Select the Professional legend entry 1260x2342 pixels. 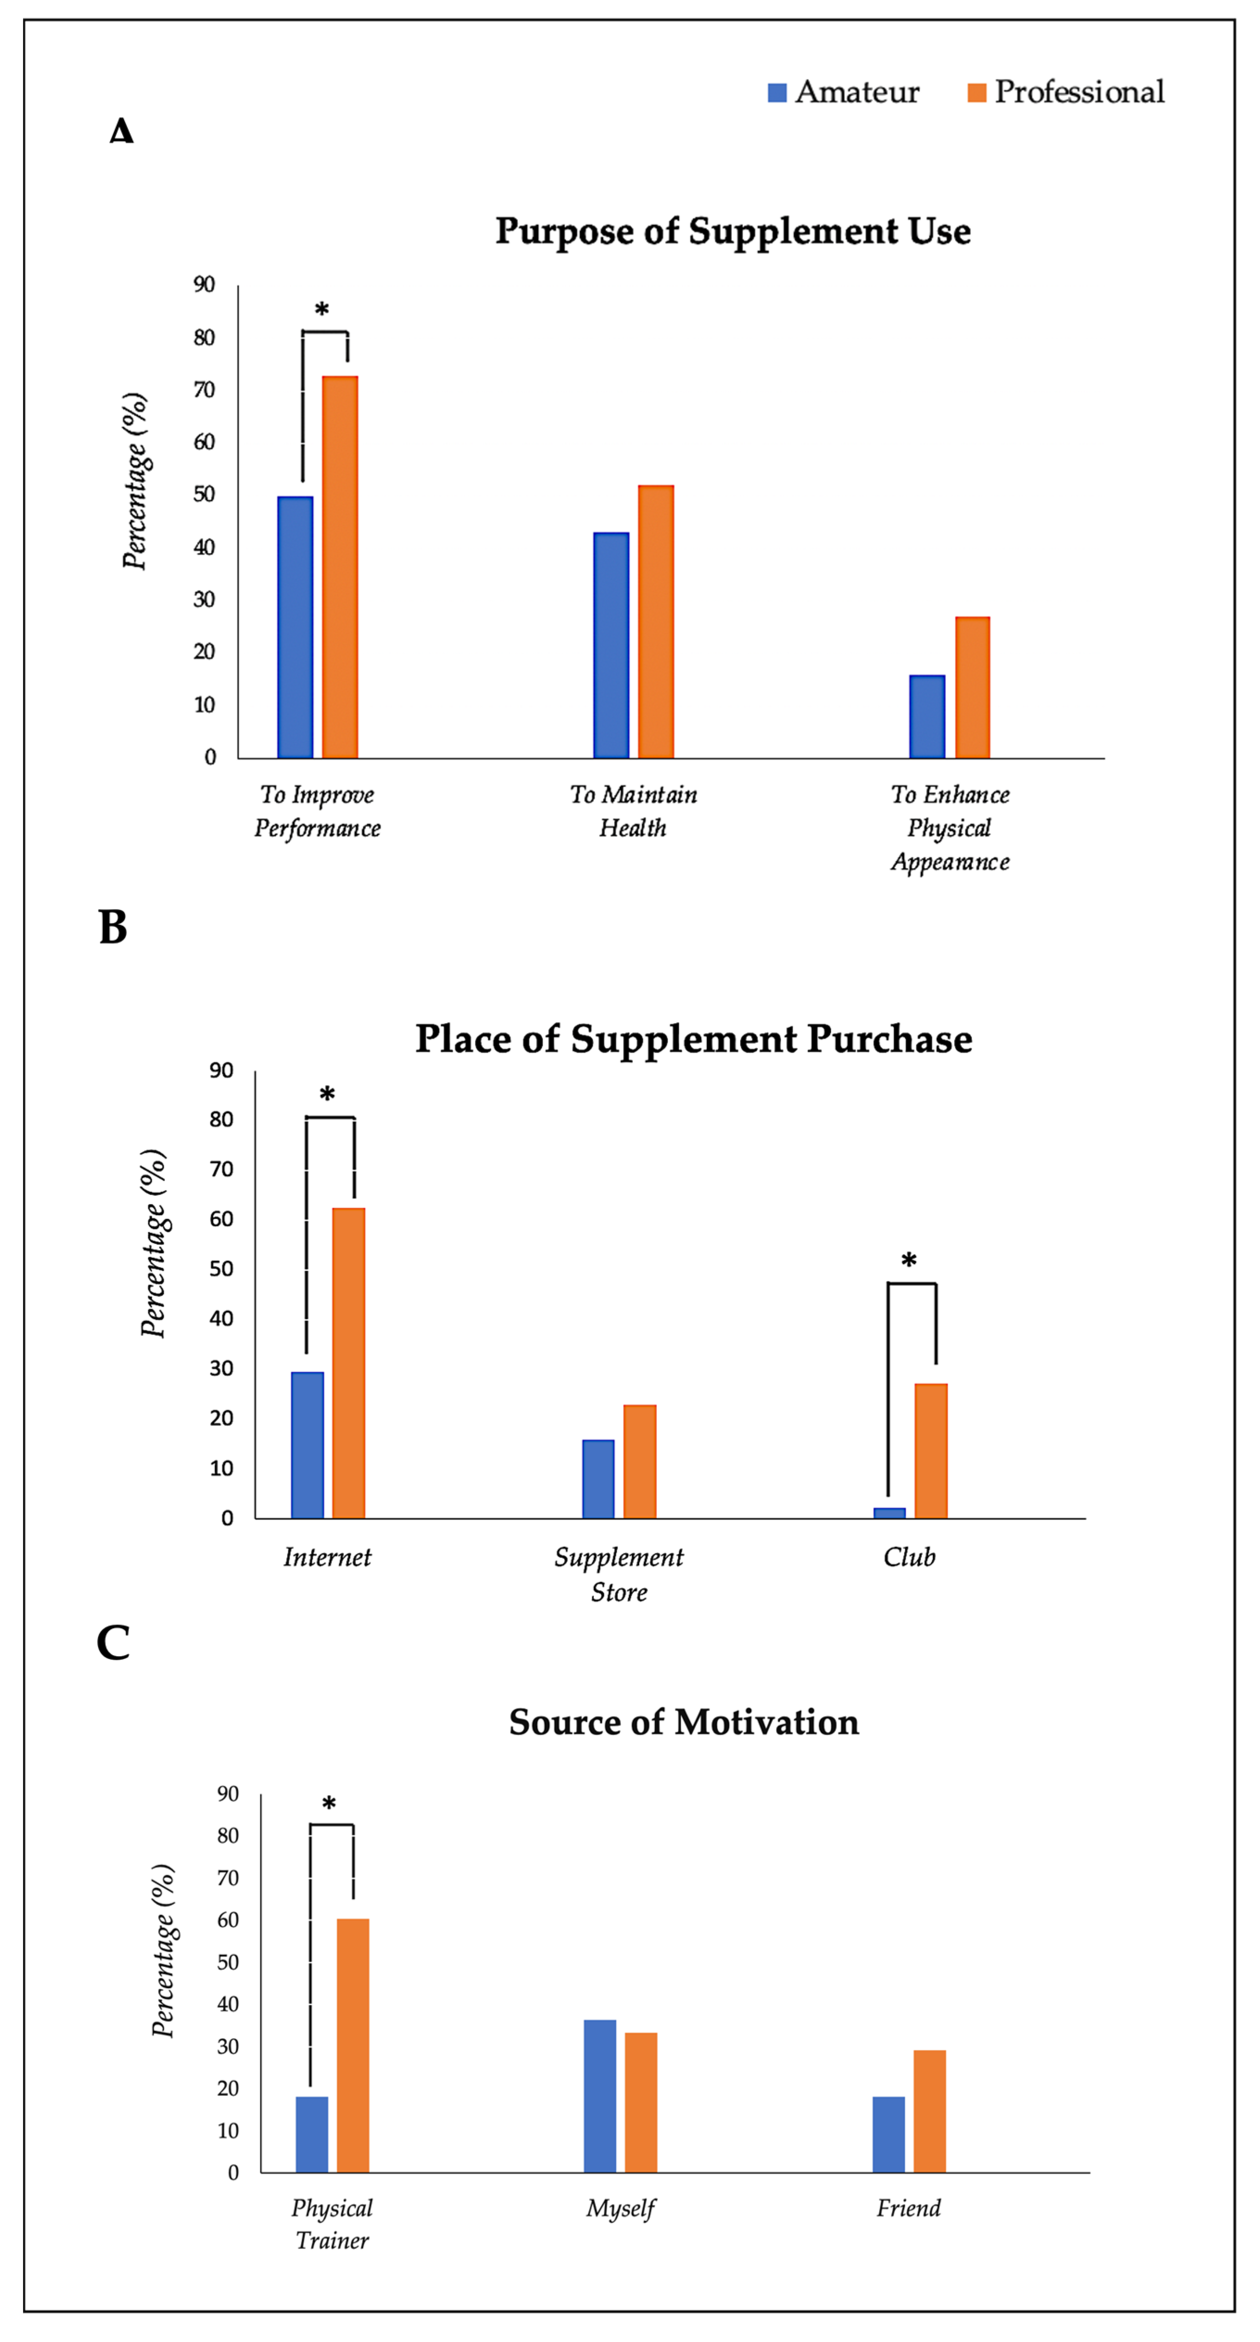tap(1065, 92)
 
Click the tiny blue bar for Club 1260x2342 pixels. tap(889, 1513)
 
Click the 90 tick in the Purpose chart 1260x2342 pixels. tap(205, 284)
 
